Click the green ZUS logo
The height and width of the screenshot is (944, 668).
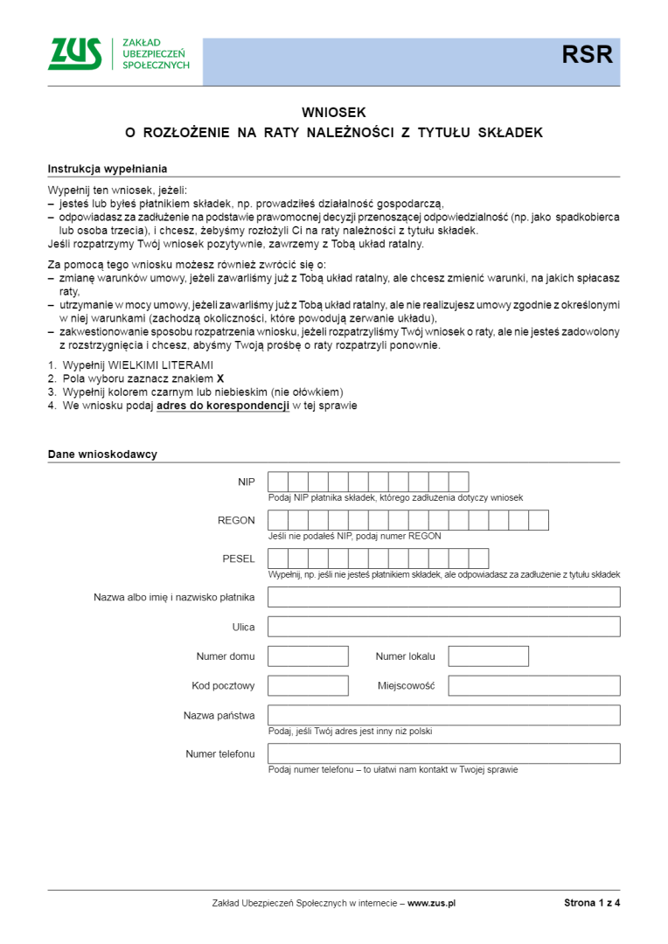tap(75, 54)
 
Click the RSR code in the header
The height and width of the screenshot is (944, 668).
tap(587, 56)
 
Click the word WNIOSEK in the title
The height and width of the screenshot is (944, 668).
tap(333, 112)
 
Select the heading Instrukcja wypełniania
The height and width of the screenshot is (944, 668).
tap(108, 169)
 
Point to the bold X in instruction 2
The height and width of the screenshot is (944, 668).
tap(220, 378)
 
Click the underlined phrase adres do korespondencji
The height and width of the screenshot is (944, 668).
tap(223, 406)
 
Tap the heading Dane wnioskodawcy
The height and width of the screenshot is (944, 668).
tap(102, 455)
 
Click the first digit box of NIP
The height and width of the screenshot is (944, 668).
tap(278, 482)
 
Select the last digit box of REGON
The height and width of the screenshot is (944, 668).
tap(539, 520)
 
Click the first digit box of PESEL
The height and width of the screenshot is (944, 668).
tap(278, 559)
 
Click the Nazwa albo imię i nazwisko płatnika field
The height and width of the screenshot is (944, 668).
tap(443, 597)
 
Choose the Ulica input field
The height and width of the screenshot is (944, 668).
tap(443, 626)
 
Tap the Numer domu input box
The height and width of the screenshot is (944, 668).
tap(308, 656)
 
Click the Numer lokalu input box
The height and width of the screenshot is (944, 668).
tap(488, 656)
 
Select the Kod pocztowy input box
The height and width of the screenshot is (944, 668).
tap(308, 685)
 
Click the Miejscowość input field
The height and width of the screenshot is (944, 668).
tap(534, 685)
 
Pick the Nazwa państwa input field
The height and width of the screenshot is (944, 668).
tap(443, 715)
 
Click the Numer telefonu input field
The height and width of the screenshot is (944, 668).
tap(443, 753)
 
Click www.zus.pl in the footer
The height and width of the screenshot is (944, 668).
tap(432, 903)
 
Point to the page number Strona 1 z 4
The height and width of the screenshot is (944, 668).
tap(592, 903)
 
